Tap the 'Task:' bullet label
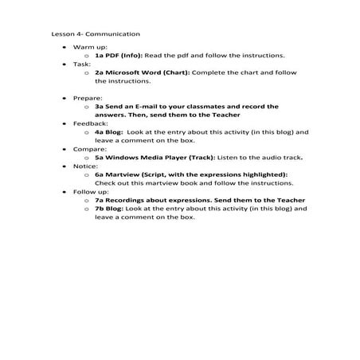coord(80,64)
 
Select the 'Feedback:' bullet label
coord(88,124)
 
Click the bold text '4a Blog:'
coord(109,132)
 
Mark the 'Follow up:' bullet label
coord(87,192)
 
